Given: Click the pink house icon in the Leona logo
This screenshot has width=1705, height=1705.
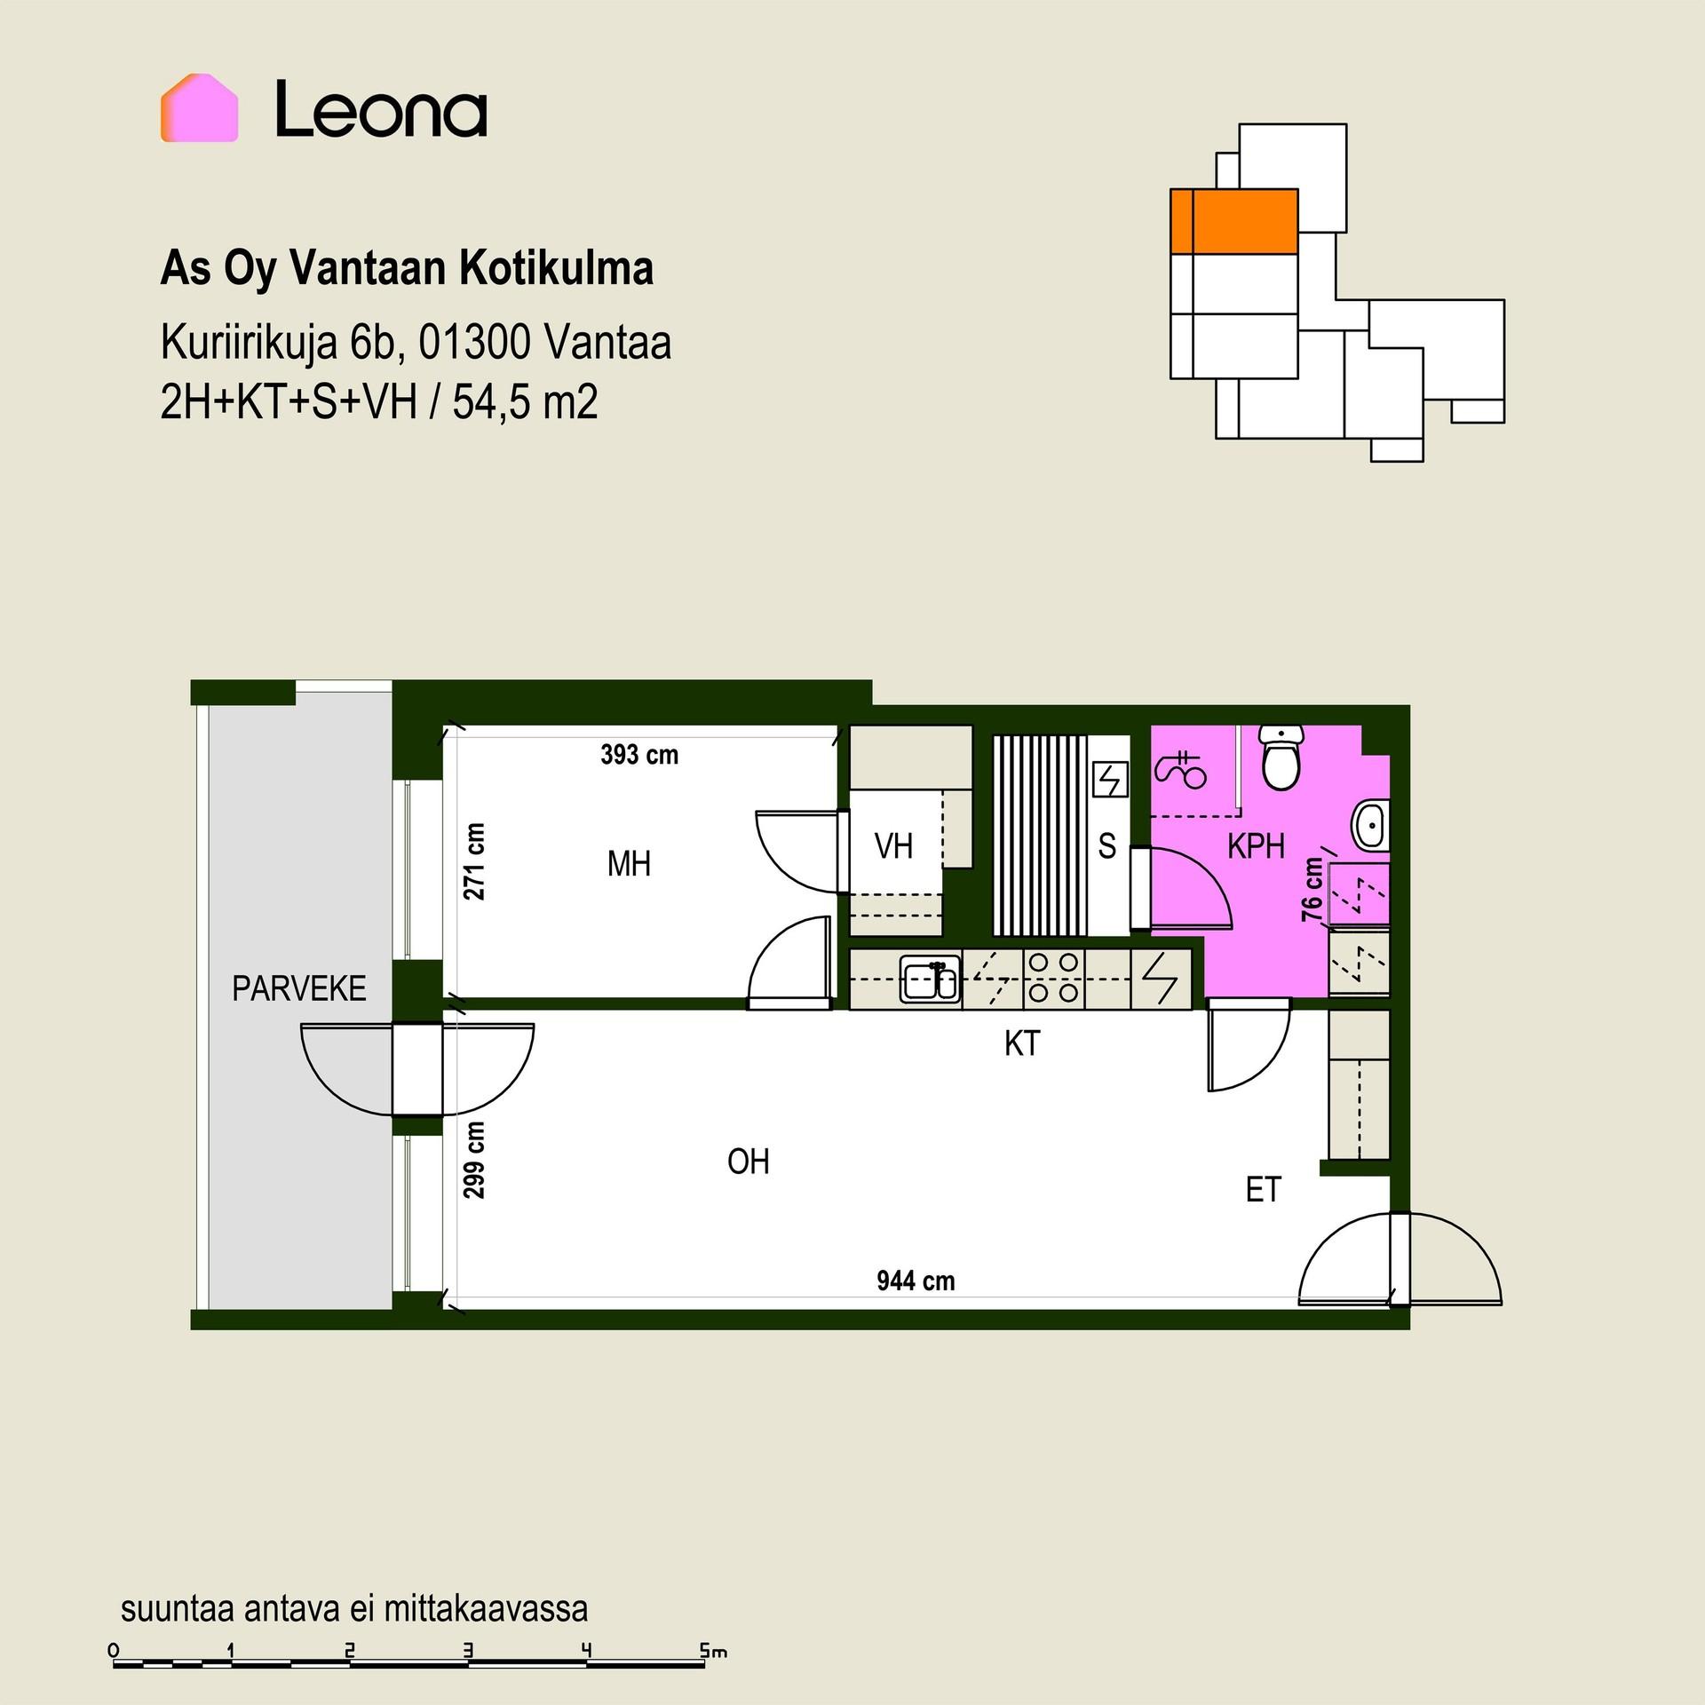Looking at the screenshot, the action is (199, 107).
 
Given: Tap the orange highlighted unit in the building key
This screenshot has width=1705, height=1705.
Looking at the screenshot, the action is (1233, 221).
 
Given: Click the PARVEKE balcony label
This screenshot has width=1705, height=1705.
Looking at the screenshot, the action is (299, 988).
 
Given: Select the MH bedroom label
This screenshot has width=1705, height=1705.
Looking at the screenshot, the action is (629, 863).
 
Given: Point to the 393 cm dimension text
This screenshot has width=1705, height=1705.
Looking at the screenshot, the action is (639, 755).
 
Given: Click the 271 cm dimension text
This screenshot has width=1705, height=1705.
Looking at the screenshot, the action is (475, 861).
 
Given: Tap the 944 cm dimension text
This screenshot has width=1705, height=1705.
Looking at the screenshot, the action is (916, 1281).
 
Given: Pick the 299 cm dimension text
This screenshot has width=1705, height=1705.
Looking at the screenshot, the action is (475, 1160).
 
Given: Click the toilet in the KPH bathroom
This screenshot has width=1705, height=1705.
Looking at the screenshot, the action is (1281, 757).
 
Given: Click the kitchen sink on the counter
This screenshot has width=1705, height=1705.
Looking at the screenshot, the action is (930, 979).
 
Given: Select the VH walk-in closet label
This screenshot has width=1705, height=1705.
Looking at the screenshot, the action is (893, 846).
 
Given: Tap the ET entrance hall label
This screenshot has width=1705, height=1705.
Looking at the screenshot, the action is (1263, 1189).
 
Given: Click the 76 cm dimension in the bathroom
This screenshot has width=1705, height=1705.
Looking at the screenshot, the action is (1312, 888).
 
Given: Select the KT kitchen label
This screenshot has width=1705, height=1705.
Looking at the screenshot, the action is (1022, 1043).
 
